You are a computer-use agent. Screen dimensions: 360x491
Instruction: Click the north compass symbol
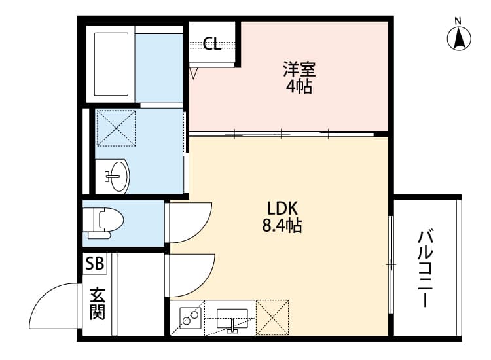(460, 37)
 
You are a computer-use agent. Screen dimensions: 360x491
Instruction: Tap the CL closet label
(212, 44)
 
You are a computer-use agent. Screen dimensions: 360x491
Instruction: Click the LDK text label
(283, 208)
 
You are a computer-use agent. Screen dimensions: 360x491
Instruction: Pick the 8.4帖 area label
(283, 226)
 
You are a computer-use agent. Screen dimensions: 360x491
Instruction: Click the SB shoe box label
(94, 264)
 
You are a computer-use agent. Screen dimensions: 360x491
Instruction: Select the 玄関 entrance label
(97, 303)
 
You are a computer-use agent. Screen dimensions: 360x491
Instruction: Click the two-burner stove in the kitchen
(189, 317)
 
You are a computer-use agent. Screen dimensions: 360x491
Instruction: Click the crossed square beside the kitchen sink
(272, 317)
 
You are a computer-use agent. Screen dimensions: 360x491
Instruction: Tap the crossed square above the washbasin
(116, 128)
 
